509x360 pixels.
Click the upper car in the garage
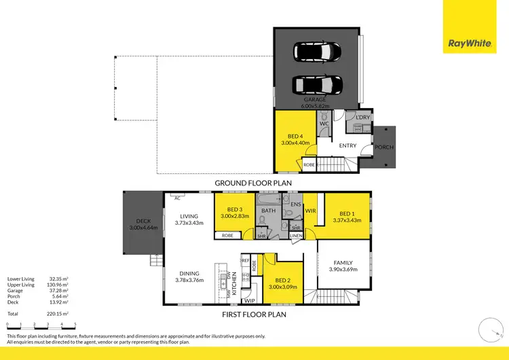pos(317,52)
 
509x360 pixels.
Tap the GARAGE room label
pos(315,100)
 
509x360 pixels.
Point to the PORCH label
pos(384,147)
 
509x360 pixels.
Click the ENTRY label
pos(347,145)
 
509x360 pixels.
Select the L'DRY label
pos(362,118)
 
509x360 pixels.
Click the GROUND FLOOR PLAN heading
pos(253,183)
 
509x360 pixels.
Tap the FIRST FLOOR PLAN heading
pos(254,314)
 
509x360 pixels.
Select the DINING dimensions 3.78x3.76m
pos(189,279)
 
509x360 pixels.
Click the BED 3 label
pos(235,209)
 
